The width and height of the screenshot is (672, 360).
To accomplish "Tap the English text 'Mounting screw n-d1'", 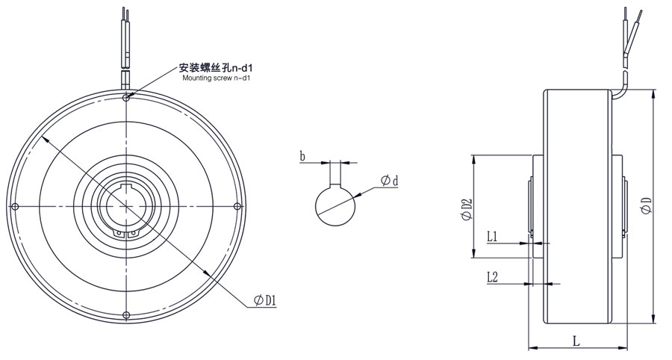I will (x=214, y=78).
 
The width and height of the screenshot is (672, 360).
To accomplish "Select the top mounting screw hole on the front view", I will (x=127, y=97).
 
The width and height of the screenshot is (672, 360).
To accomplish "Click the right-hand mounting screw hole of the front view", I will (x=237, y=205).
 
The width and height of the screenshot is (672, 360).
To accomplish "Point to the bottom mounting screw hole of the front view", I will (x=127, y=314).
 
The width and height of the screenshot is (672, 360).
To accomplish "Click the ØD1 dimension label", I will (x=266, y=300).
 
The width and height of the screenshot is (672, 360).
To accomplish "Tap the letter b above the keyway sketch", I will (x=302, y=156).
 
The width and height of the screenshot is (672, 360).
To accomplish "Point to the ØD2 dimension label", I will (x=466, y=209).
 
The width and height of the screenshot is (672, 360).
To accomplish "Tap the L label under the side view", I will (x=576, y=341).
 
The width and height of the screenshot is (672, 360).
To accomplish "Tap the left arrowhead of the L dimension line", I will (x=532, y=348).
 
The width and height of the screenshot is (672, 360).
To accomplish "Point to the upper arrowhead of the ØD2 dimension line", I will (x=473, y=158).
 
